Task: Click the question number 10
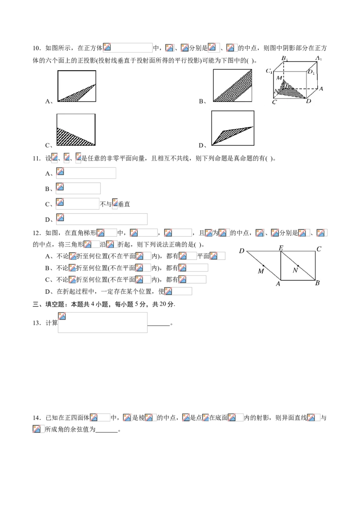36,49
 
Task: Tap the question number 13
36,323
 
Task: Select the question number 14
36,418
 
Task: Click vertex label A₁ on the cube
319,58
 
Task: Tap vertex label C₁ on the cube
269,71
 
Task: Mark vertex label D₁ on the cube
311,72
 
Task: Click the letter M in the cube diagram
279,78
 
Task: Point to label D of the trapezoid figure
241,250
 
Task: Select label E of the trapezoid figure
281,248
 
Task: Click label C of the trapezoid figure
319,249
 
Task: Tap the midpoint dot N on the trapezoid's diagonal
298,266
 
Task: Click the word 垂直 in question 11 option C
124,204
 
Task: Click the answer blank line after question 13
159,325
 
